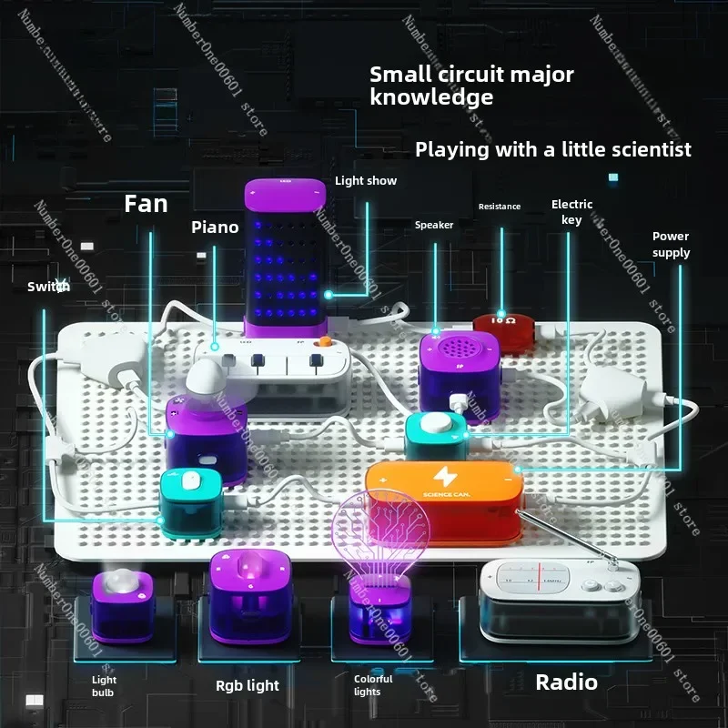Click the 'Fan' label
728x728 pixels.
147,203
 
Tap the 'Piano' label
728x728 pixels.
215,227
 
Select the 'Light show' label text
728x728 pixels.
366,181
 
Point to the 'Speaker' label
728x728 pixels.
434,225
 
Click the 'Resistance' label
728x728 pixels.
500,207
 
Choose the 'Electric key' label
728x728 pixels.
571,212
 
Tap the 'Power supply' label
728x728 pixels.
671,245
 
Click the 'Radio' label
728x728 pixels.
566,682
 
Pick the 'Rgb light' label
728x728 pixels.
248,685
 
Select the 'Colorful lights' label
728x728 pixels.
373,685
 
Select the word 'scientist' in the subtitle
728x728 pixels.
647,149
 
